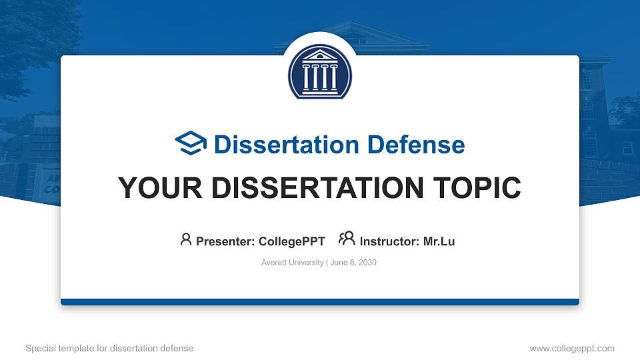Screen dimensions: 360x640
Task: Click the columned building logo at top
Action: (320, 72)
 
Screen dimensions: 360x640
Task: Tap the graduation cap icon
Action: (191, 144)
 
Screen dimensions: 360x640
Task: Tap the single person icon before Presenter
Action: (186, 239)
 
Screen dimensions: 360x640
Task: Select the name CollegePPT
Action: (291, 241)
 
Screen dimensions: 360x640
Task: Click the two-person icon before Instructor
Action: (347, 239)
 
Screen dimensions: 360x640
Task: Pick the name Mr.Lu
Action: (439, 241)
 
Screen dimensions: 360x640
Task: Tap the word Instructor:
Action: (390, 241)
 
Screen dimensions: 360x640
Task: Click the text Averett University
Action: (292, 263)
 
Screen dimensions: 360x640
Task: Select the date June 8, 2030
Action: (353, 263)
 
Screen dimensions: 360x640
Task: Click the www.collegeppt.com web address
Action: (571, 348)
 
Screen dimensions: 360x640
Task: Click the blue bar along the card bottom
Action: (320, 302)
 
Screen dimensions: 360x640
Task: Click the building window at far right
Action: (627, 147)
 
